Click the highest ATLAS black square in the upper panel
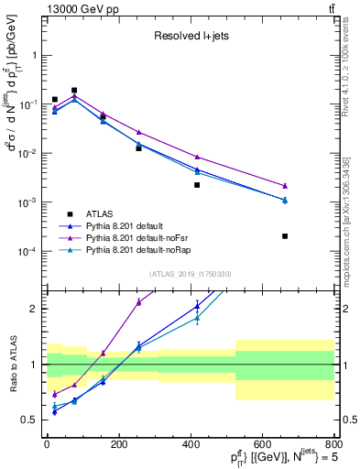click(74, 91)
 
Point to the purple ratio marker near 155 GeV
click(104, 353)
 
